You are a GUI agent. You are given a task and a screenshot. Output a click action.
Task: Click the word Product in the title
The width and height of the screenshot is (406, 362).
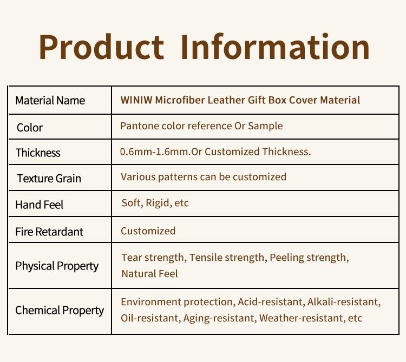pyautogui.click(x=102, y=47)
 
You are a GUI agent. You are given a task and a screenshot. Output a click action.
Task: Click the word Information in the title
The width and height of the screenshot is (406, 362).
pyautogui.click(x=275, y=47)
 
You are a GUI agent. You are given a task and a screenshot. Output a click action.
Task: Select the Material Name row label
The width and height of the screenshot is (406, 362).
pyautogui.click(x=50, y=101)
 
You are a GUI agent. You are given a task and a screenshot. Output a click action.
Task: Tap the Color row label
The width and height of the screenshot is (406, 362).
pyautogui.click(x=30, y=128)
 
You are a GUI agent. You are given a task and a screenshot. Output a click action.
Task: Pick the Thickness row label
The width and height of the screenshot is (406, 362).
pyautogui.click(x=38, y=153)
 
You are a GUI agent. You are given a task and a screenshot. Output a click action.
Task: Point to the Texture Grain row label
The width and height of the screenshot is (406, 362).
pyautogui.click(x=49, y=179)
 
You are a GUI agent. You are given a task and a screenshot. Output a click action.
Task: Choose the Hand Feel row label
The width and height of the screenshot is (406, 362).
pyautogui.click(x=40, y=205)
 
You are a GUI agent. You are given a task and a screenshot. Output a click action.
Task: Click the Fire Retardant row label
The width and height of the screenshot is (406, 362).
pyautogui.click(x=49, y=232)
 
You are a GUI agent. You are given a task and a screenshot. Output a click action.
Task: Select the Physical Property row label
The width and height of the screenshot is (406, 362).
pyautogui.click(x=57, y=266)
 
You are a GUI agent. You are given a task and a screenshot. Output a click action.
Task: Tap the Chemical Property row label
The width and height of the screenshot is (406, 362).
pyautogui.click(x=60, y=311)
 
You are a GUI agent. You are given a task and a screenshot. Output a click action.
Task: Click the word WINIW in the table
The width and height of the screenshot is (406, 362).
pyautogui.click(x=136, y=100)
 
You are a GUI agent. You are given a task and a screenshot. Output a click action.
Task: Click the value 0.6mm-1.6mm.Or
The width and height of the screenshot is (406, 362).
pyautogui.click(x=161, y=152)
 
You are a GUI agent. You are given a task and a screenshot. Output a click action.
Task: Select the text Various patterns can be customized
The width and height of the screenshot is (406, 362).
pyautogui.click(x=204, y=177)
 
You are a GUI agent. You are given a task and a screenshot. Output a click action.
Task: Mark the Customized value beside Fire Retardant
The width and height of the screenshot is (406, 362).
pyautogui.click(x=148, y=231)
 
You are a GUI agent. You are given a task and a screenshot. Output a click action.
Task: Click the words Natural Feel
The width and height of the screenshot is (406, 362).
pyautogui.click(x=149, y=273)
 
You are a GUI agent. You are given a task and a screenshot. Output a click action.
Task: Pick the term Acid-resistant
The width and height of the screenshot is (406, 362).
pyautogui.click(x=271, y=302)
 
